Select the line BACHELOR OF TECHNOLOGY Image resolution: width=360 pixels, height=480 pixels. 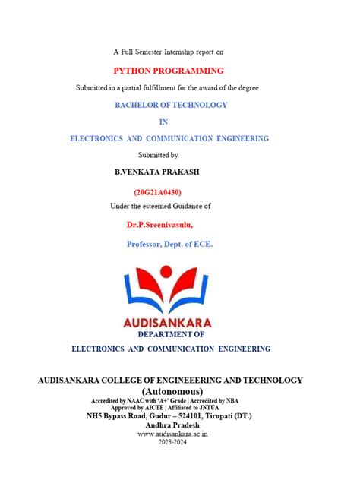click(x=171, y=105)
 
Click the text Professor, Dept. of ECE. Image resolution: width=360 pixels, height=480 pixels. click(x=169, y=245)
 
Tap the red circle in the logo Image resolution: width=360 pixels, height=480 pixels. click(x=169, y=273)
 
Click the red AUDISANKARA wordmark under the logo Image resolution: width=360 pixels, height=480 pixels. click(x=169, y=323)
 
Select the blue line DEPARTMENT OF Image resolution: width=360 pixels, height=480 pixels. click(x=171, y=334)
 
